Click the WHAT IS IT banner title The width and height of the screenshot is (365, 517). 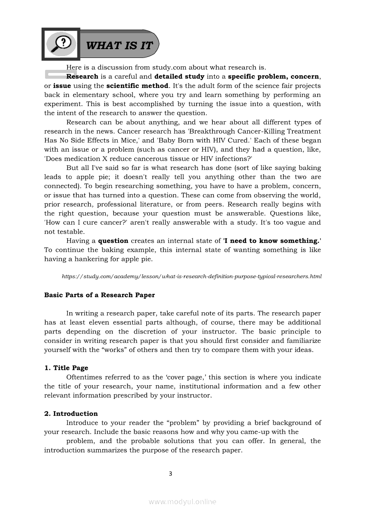coord(119,45)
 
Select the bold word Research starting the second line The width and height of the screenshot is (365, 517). coord(82,77)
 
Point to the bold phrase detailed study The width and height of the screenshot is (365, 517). coord(179,77)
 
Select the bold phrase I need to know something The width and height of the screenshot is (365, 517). coord(271,241)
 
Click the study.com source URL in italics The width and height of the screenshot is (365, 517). coord(191,276)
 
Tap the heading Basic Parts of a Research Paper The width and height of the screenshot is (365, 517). coord(99,295)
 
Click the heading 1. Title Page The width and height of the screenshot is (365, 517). coord(66,368)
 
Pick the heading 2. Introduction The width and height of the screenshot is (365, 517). coord(71,414)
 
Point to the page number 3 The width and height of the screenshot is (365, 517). coord(171,474)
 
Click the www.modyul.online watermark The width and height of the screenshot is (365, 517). coord(182,502)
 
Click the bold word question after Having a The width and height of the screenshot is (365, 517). coord(113,241)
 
